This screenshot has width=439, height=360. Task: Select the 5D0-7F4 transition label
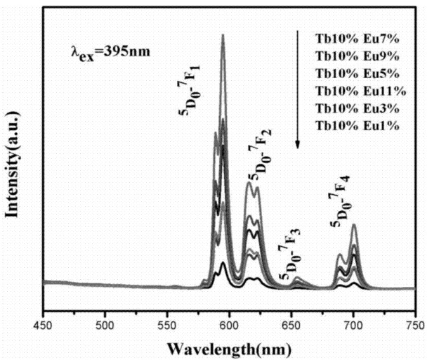tap(342, 203)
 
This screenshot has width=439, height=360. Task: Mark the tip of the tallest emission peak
tap(223, 35)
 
